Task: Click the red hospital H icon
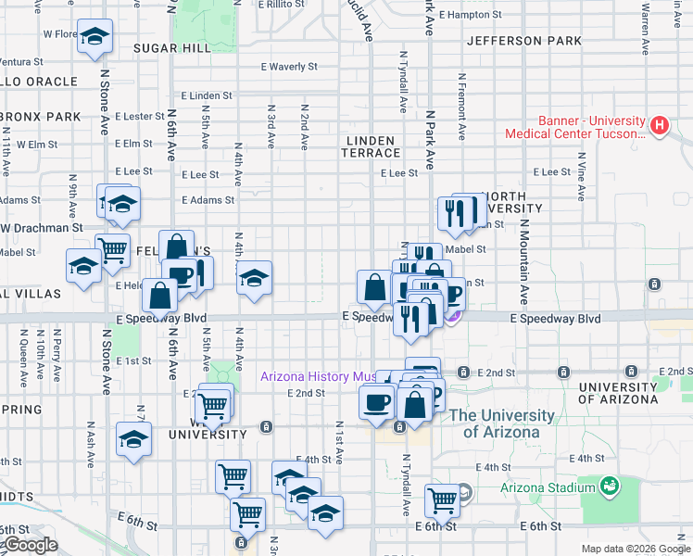click(660, 125)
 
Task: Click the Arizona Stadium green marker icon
click(609, 485)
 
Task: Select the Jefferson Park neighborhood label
click(524, 41)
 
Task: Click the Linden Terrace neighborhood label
click(372, 146)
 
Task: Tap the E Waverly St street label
click(289, 67)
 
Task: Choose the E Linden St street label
click(207, 95)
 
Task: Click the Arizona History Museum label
click(317, 377)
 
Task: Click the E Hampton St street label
click(471, 15)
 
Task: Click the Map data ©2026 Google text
click(635, 549)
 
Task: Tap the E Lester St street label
click(140, 116)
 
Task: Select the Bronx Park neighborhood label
click(42, 117)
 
